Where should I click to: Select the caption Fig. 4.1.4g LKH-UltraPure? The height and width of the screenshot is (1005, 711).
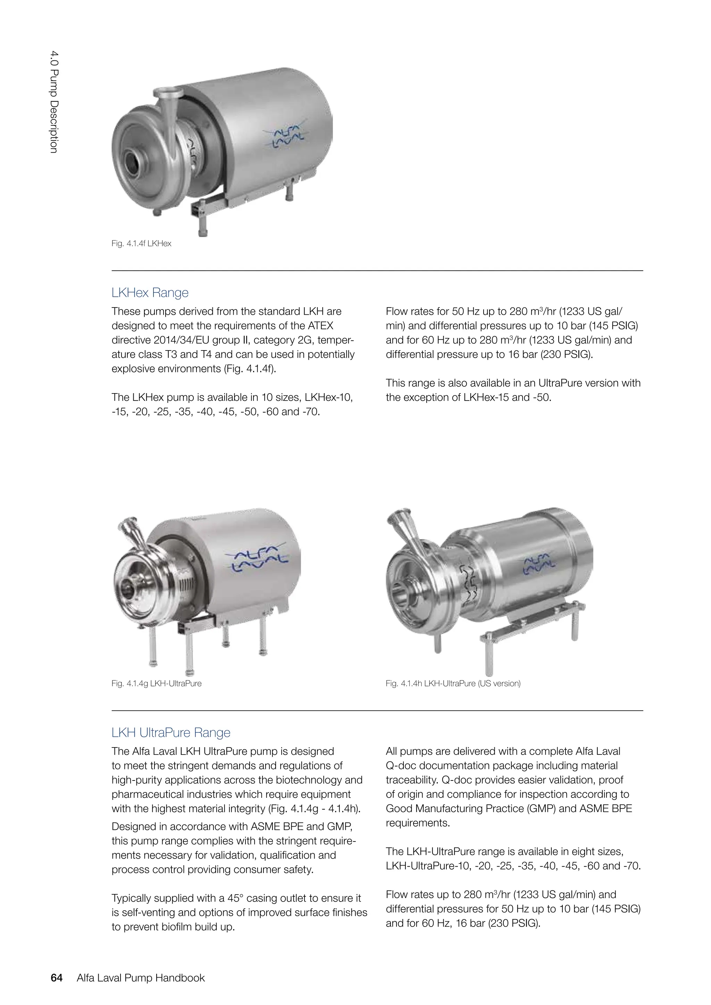(x=156, y=683)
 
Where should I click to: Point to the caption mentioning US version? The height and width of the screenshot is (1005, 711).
(x=453, y=683)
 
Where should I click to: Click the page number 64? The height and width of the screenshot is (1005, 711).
(x=57, y=978)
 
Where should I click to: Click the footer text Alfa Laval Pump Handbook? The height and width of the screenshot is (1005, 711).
(x=141, y=978)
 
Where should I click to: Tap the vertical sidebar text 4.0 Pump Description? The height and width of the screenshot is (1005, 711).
(x=54, y=102)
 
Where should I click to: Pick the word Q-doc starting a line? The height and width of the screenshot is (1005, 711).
(x=399, y=766)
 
